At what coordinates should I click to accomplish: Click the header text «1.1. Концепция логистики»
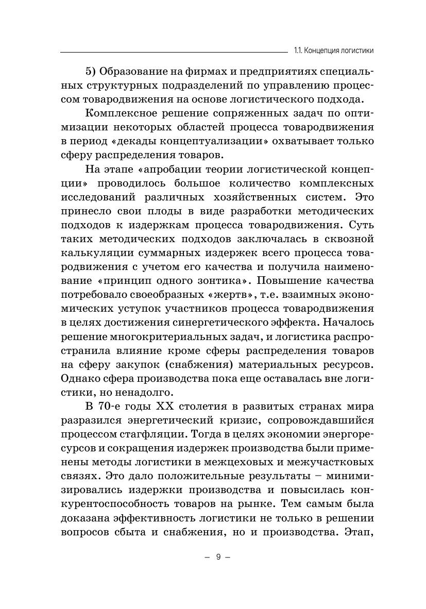pos(333,50)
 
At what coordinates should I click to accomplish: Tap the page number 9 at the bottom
pos(217,557)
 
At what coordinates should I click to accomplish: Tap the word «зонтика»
pos(218,281)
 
